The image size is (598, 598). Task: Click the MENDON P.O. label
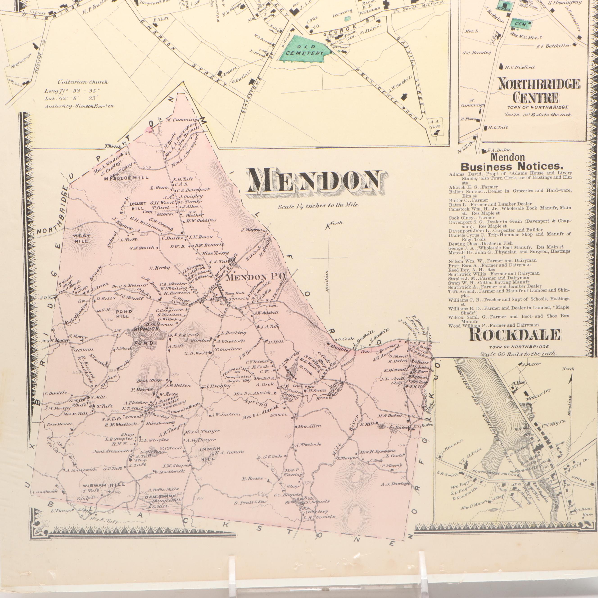coord(257,277)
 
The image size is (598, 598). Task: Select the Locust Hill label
coord(138,206)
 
